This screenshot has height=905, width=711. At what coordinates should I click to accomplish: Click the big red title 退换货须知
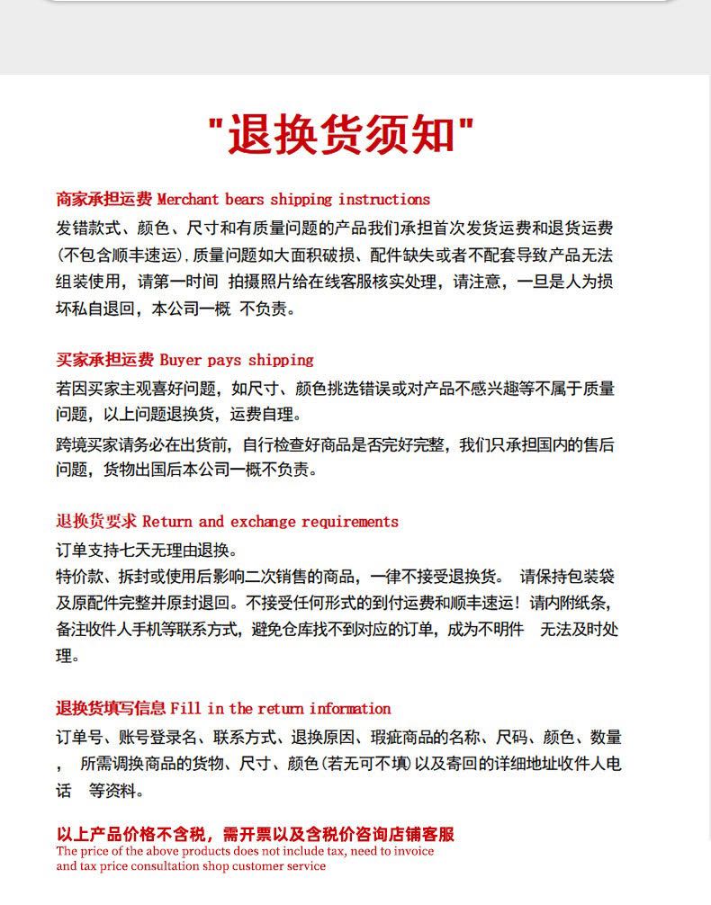click(343, 136)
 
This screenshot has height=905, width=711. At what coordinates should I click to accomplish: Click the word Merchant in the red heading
click(188, 200)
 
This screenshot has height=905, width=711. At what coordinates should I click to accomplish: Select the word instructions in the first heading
click(384, 200)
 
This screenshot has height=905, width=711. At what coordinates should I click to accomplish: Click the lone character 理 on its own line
click(64, 656)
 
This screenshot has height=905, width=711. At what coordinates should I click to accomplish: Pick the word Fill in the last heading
click(184, 709)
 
